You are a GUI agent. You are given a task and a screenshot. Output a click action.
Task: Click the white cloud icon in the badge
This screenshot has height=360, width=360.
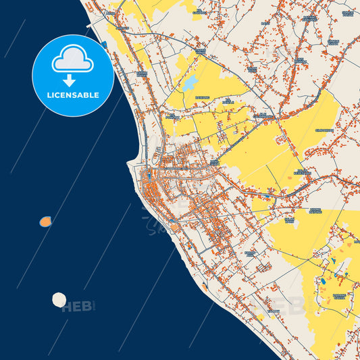pyautogui.click(x=73, y=60)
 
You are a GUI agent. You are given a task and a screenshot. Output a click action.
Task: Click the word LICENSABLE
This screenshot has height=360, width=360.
pyautogui.click(x=73, y=95)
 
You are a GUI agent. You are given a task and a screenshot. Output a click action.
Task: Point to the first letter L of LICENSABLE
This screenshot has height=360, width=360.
pyautogui.click(x=49, y=95)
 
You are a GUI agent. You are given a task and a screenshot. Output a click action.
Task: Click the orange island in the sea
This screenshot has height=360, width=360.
pyautogui.click(x=45, y=221)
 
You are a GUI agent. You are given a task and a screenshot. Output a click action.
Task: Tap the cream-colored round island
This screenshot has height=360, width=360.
pyautogui.click(x=59, y=299)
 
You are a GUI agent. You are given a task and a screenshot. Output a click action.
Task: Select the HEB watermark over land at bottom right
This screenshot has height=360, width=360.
pyautogui.click(x=287, y=306)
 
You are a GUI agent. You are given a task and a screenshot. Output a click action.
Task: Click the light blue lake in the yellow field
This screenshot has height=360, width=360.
pyautogui.click(x=191, y=83)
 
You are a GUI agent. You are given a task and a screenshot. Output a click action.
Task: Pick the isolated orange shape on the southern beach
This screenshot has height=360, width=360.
pyautogui.click(x=204, y=286)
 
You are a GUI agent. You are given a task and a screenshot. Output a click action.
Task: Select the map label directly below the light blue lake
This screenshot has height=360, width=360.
pyautogui.click(x=203, y=96)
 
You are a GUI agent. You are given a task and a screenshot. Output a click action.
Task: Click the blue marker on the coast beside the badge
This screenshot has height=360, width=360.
pyautogui.click(x=104, y=45)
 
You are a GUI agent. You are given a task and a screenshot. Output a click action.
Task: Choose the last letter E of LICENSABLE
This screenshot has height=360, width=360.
pyautogui.click(x=97, y=95)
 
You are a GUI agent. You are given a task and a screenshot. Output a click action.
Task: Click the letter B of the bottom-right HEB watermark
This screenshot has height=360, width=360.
pyautogui.click(x=297, y=306)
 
